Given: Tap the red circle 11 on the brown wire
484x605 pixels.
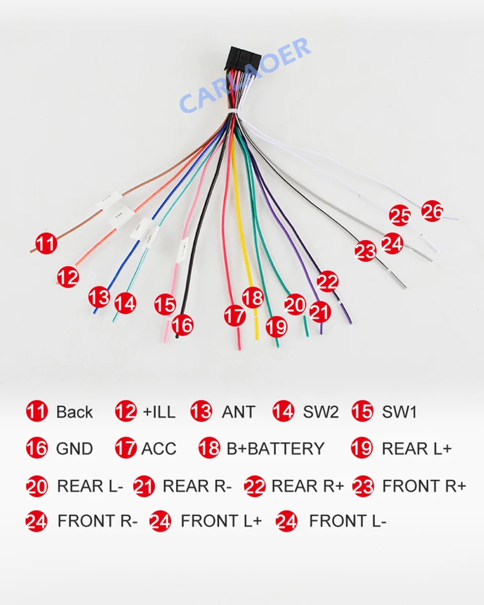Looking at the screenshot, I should click(46, 244).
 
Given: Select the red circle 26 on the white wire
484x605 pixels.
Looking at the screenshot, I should click(432, 211).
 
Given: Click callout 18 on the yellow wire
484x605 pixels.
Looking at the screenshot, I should click(253, 297).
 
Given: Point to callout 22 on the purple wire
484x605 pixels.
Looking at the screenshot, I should click(327, 282).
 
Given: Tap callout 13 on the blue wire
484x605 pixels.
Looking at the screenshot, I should click(99, 296).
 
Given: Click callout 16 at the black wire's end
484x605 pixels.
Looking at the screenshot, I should click(183, 325).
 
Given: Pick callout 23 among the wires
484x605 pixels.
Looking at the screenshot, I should click(366, 251).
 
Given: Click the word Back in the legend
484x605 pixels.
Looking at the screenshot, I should click(75, 412).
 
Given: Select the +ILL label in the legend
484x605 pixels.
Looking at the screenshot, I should click(159, 412).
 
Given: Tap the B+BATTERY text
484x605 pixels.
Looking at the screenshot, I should click(275, 449).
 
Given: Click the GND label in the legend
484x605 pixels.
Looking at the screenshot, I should click(75, 449).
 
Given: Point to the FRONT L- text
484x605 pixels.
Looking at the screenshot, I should click(348, 521).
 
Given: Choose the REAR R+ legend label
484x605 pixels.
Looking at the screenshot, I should click(308, 486).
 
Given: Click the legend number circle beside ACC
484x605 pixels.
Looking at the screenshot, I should click(126, 448).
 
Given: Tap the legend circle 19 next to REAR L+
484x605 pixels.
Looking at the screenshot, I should click(362, 448).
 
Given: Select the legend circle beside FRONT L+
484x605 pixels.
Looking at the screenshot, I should click(160, 521).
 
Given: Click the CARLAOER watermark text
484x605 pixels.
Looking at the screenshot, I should click(245, 76).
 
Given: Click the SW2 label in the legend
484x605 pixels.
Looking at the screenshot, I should click(321, 412).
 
